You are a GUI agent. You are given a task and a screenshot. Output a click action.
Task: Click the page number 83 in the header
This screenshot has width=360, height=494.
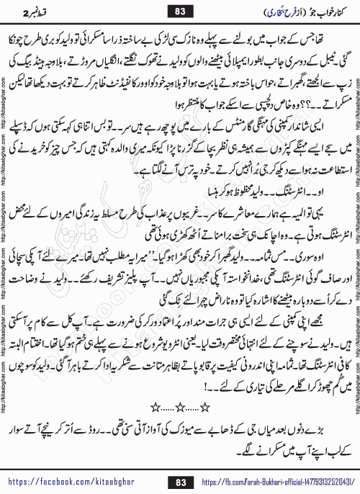[x=180, y=11]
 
